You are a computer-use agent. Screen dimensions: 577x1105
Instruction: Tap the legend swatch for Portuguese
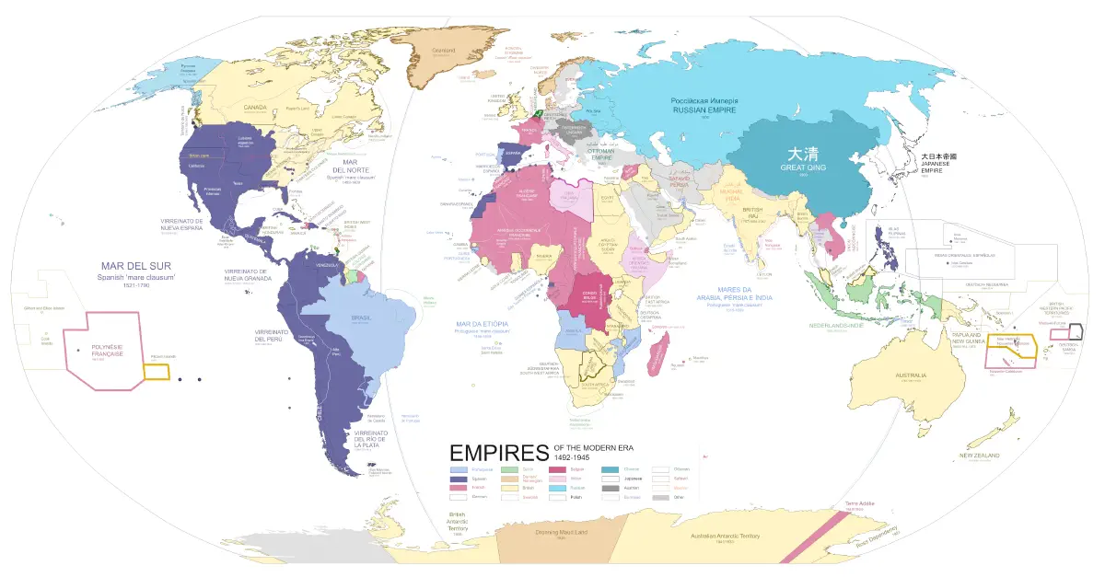click(457, 469)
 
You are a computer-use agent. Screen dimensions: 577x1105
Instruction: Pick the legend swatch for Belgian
click(558, 469)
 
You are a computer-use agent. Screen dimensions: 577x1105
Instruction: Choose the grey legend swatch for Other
click(659, 497)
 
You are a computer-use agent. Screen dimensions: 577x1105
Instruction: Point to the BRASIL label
click(362, 317)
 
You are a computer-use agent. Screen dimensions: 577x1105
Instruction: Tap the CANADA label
click(254, 108)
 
